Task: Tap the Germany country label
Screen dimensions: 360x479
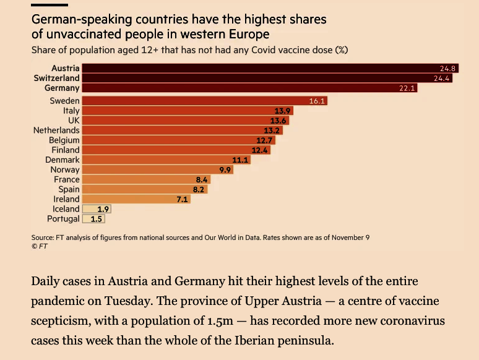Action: coord(62,88)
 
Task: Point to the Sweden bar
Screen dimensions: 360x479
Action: coord(198,101)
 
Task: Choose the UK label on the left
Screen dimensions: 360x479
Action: coord(74,121)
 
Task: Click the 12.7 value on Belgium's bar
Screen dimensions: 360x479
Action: coord(265,140)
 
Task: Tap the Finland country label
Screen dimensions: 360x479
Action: coord(65,150)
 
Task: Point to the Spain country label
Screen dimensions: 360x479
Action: coord(69,189)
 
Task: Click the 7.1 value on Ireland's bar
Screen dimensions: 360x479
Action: coord(183,199)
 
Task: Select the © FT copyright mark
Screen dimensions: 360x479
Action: coord(39,246)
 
